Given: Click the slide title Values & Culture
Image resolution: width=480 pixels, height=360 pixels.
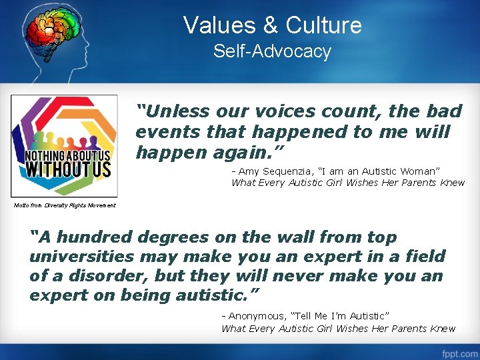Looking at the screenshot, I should click(x=272, y=25).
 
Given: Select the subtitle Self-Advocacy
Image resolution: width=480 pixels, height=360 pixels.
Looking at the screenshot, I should click(x=272, y=51).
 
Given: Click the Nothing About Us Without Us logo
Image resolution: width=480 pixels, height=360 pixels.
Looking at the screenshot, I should click(x=64, y=146).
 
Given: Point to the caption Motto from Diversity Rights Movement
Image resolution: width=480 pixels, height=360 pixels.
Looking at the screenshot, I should click(x=65, y=205).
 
